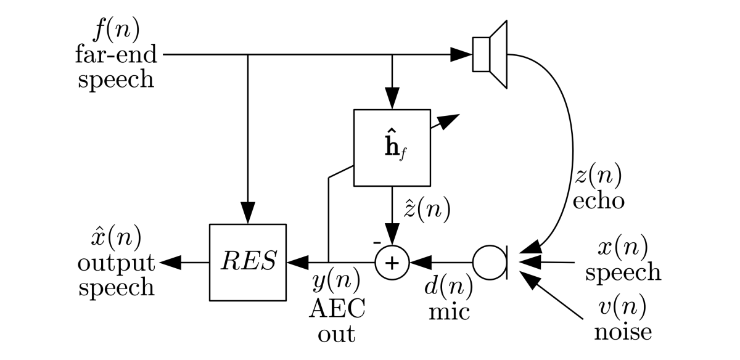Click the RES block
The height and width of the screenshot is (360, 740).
pyautogui.click(x=247, y=262)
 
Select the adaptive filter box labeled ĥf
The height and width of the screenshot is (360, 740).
pyautogui.click(x=391, y=148)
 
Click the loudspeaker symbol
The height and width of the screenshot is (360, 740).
pyautogui.click(x=490, y=54)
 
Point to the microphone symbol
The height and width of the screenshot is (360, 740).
pyautogui.click(x=491, y=262)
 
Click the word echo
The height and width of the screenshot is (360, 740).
pyautogui.click(x=597, y=201)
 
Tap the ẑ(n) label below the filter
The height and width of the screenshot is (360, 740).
pyautogui.click(x=426, y=210)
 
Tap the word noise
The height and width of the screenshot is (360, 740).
pyautogui.click(x=623, y=332)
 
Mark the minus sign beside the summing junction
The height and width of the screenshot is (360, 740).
pyautogui.click(x=376, y=243)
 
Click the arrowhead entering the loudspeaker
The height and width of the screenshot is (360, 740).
pyautogui.click(x=461, y=54)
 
